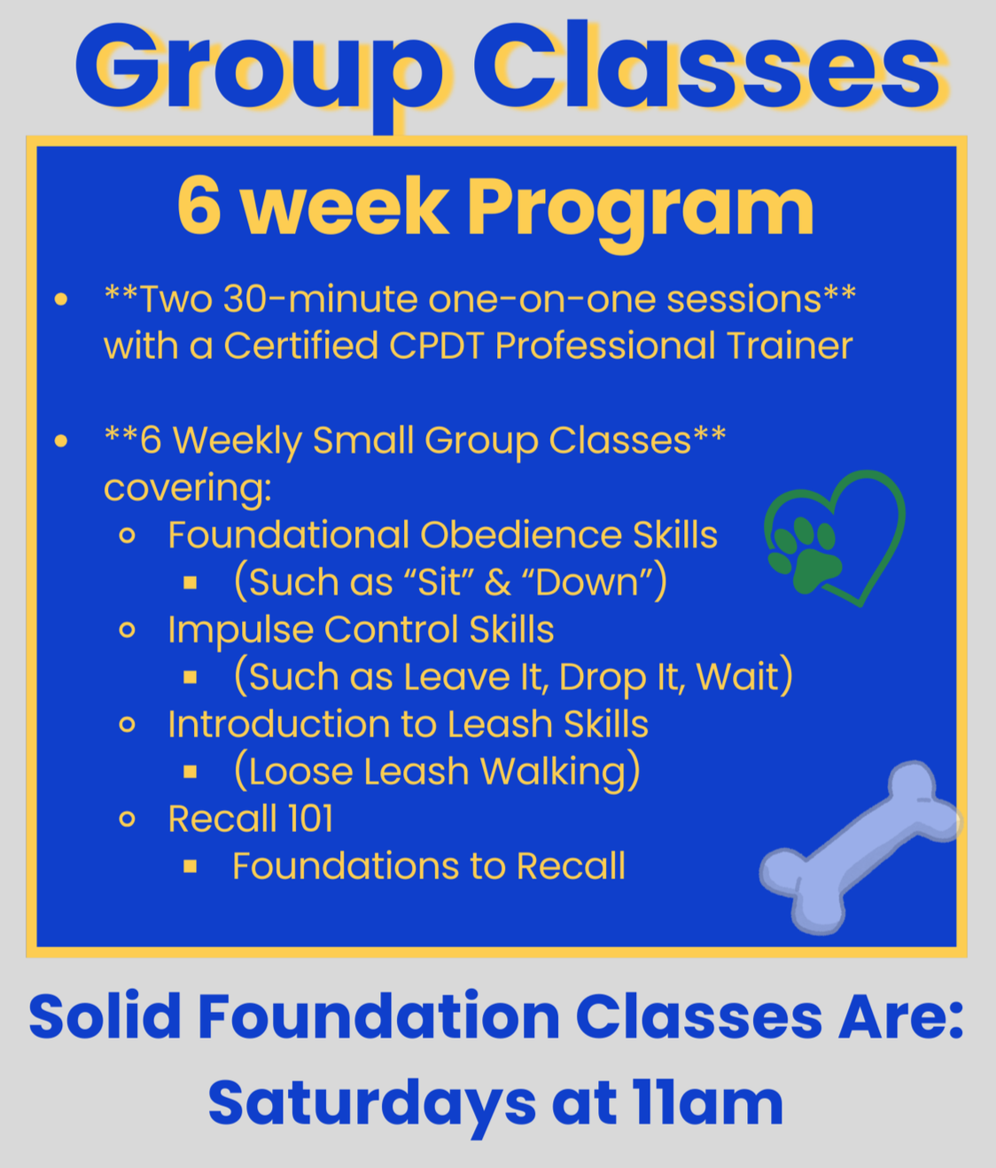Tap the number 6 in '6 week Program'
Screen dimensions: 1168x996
click(x=198, y=206)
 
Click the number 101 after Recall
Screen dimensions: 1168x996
click(x=309, y=819)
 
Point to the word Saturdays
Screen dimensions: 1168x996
click(x=372, y=1103)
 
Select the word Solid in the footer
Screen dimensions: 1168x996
click(x=105, y=1016)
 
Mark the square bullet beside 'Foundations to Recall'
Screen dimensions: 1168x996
click(x=191, y=867)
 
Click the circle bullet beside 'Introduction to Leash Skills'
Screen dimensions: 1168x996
click(x=128, y=725)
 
